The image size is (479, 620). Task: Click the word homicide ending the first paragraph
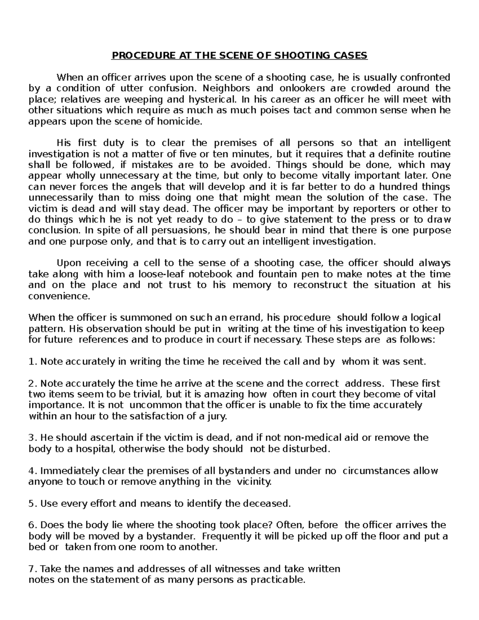pos(182,122)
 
